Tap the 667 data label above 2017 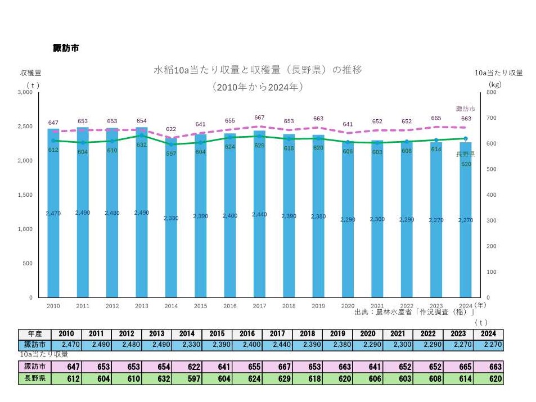point(259,118)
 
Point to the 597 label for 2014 point(171,153)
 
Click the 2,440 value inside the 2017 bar point(259,214)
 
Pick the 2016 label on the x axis point(230,306)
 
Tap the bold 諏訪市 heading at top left point(66,48)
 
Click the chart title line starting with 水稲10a point(258,70)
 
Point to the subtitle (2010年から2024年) point(258,87)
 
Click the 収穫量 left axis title point(30,73)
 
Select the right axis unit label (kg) point(494,84)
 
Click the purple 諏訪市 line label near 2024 point(465,108)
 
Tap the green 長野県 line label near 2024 point(465,154)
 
